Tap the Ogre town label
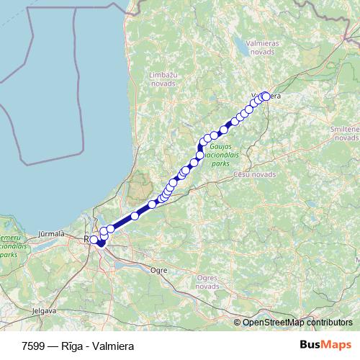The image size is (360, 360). [158, 271]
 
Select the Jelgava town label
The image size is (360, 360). [44, 312]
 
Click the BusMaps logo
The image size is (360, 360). [325, 345]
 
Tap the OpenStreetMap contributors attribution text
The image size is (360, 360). [297, 323]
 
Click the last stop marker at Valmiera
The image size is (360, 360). [266, 96]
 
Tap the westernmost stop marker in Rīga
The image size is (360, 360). [94, 240]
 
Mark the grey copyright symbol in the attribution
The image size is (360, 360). [238, 323]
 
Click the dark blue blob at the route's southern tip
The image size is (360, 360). [101, 244]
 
